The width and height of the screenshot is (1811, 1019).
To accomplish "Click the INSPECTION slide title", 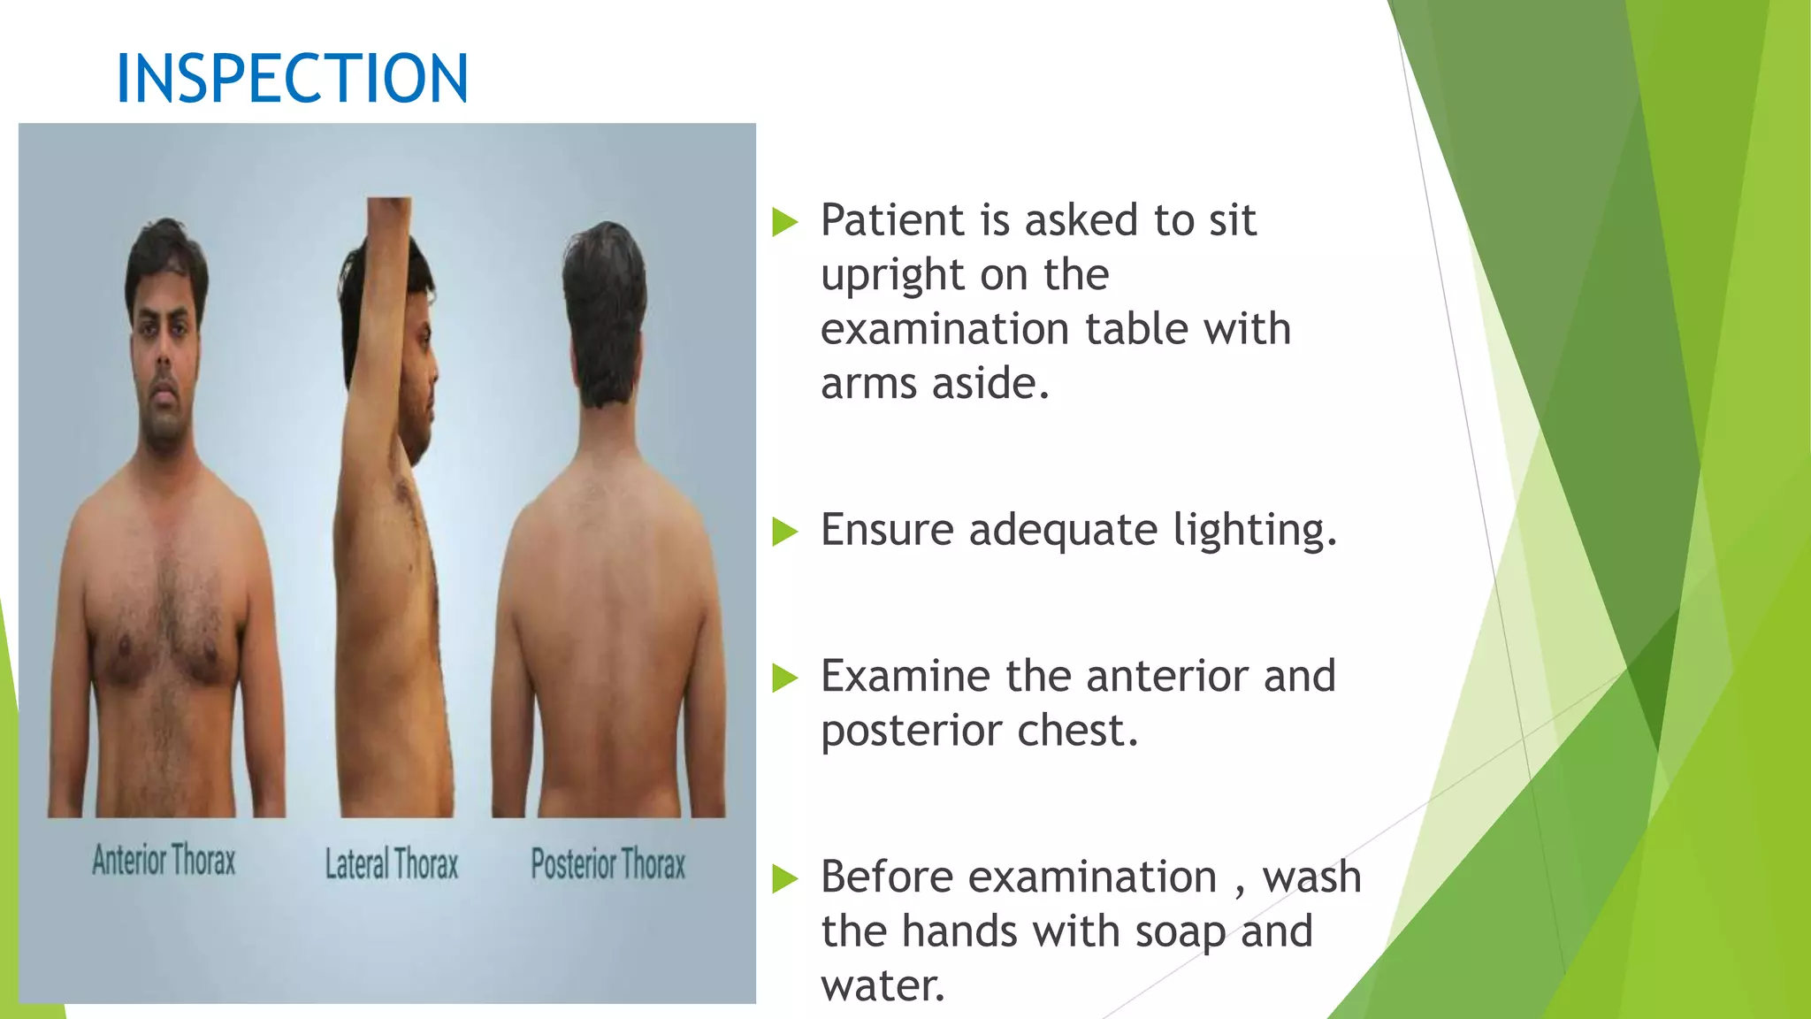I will (292, 79).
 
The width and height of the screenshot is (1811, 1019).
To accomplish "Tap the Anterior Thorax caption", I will (164, 860).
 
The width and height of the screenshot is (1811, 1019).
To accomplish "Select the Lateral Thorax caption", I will (392, 864).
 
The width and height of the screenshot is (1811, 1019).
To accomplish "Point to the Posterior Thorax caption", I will (608, 864).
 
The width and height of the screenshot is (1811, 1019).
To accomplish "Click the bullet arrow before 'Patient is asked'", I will (784, 222).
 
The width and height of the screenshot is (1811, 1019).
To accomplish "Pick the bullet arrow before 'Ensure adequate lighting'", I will (784, 532).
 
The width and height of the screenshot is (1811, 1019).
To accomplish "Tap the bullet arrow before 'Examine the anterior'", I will (784, 678).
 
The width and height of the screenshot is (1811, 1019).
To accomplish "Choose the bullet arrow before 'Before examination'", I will (784, 878).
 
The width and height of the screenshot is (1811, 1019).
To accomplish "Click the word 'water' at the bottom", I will (880, 986).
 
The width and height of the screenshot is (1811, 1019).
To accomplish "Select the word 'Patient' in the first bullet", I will (891, 220).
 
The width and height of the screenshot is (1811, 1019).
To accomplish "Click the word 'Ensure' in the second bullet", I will (887, 531).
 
